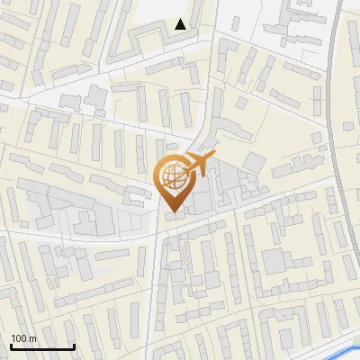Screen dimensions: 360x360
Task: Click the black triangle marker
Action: pyautogui.click(x=181, y=24)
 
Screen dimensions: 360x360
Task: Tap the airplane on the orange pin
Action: pyautogui.click(x=195, y=166)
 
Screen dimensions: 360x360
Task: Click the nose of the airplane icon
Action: pyautogui.click(x=212, y=159)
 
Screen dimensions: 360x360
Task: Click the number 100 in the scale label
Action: pyautogui.click(x=18, y=338)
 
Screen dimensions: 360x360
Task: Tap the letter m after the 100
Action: pyautogui.click(x=32, y=338)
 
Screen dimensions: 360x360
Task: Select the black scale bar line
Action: pyautogui.click(x=42, y=347)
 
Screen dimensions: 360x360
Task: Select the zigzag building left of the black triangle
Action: pyautogui.click(x=135, y=41)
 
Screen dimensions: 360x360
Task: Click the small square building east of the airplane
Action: pyautogui.click(x=256, y=162)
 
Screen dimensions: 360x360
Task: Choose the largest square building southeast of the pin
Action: pyautogui.click(x=274, y=262)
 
